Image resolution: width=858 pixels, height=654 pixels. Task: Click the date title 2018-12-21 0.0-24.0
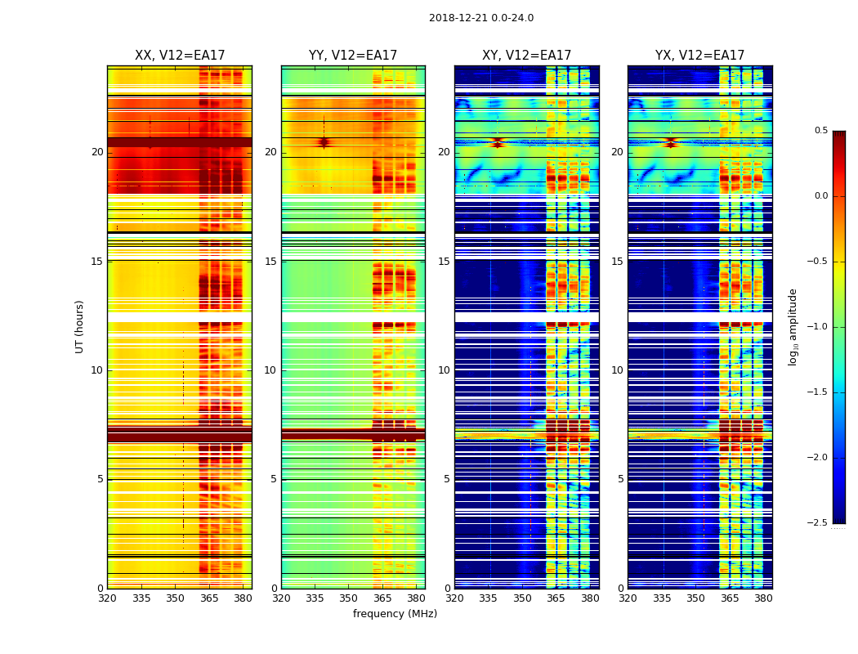tap(481, 18)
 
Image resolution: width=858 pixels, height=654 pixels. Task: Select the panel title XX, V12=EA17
tap(180, 56)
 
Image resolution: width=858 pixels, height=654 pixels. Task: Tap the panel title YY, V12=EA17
tap(353, 56)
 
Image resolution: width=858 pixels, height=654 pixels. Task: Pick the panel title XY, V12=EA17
tap(526, 56)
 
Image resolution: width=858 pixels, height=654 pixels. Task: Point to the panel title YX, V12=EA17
tap(699, 56)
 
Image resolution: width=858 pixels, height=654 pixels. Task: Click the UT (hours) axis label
tap(79, 326)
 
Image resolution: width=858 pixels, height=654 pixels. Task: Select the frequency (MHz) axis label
tap(395, 614)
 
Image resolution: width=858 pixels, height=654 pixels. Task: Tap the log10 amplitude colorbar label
tap(793, 326)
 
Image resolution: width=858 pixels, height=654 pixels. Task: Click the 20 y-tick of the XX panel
tap(97, 152)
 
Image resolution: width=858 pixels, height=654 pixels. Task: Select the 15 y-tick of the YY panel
tap(270, 262)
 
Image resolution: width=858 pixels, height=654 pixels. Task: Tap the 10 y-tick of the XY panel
tap(444, 370)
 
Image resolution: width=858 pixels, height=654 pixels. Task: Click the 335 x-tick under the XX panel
tap(141, 598)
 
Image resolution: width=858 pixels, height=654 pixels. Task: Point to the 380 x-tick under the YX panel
tap(763, 598)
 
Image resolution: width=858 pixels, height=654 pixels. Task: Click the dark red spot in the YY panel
tap(324, 142)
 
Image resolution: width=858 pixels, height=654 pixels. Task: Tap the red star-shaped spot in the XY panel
tap(498, 142)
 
